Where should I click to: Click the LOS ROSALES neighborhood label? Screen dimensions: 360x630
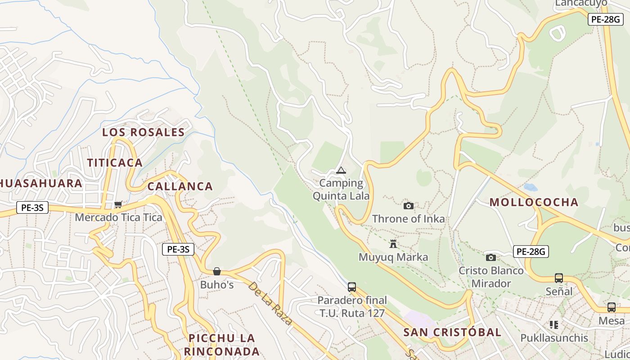click(x=143, y=132)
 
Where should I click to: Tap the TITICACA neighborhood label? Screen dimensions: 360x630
click(x=115, y=163)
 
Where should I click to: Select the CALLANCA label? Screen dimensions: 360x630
click(x=180, y=186)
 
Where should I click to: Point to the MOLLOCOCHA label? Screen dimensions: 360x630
click(x=534, y=202)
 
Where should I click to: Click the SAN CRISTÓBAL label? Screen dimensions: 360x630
click(x=452, y=333)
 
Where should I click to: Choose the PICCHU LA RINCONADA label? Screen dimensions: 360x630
click(x=222, y=345)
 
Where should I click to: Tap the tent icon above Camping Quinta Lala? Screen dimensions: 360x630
click(x=341, y=170)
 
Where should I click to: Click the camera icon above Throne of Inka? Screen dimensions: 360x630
click(x=409, y=206)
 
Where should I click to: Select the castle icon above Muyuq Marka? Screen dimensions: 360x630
click(x=393, y=244)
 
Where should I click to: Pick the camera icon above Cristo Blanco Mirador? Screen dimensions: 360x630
click(x=491, y=257)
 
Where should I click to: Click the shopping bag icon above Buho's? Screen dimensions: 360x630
click(x=217, y=271)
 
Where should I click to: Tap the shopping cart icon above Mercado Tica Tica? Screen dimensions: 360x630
click(x=118, y=205)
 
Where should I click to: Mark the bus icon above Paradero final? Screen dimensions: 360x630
click(x=352, y=287)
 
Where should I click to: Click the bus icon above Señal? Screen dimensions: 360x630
click(x=559, y=278)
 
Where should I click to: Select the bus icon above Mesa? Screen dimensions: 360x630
click(x=612, y=307)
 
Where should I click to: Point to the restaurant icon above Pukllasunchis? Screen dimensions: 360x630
click(x=554, y=324)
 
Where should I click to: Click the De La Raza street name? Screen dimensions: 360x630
click(x=270, y=303)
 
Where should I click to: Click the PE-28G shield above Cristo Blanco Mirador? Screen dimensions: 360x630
click(x=531, y=252)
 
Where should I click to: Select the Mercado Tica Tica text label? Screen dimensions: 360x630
click(x=118, y=218)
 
